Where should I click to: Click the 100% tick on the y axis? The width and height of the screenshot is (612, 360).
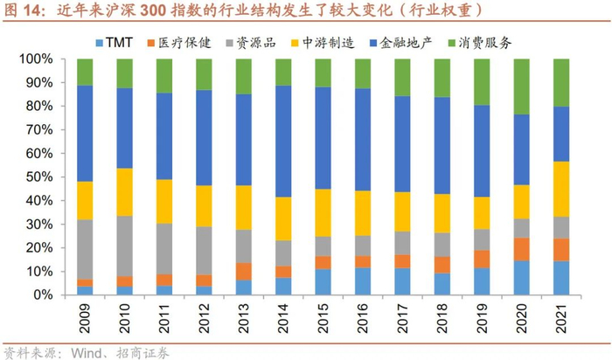pos(36,59)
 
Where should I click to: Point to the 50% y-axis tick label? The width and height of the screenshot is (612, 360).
pos(39,177)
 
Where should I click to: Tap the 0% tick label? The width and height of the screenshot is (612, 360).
pos(43,295)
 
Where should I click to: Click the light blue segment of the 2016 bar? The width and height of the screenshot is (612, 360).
pos(364,281)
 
